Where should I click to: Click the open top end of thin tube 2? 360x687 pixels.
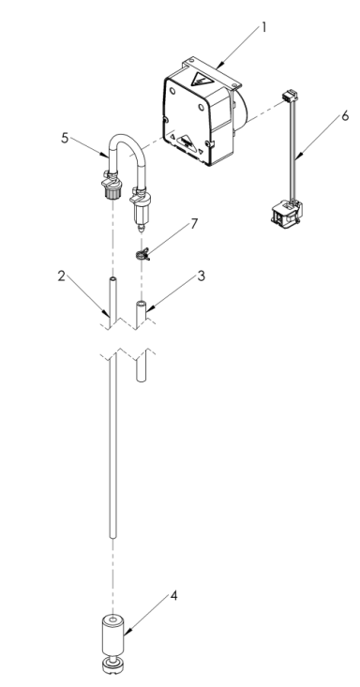[111, 278]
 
